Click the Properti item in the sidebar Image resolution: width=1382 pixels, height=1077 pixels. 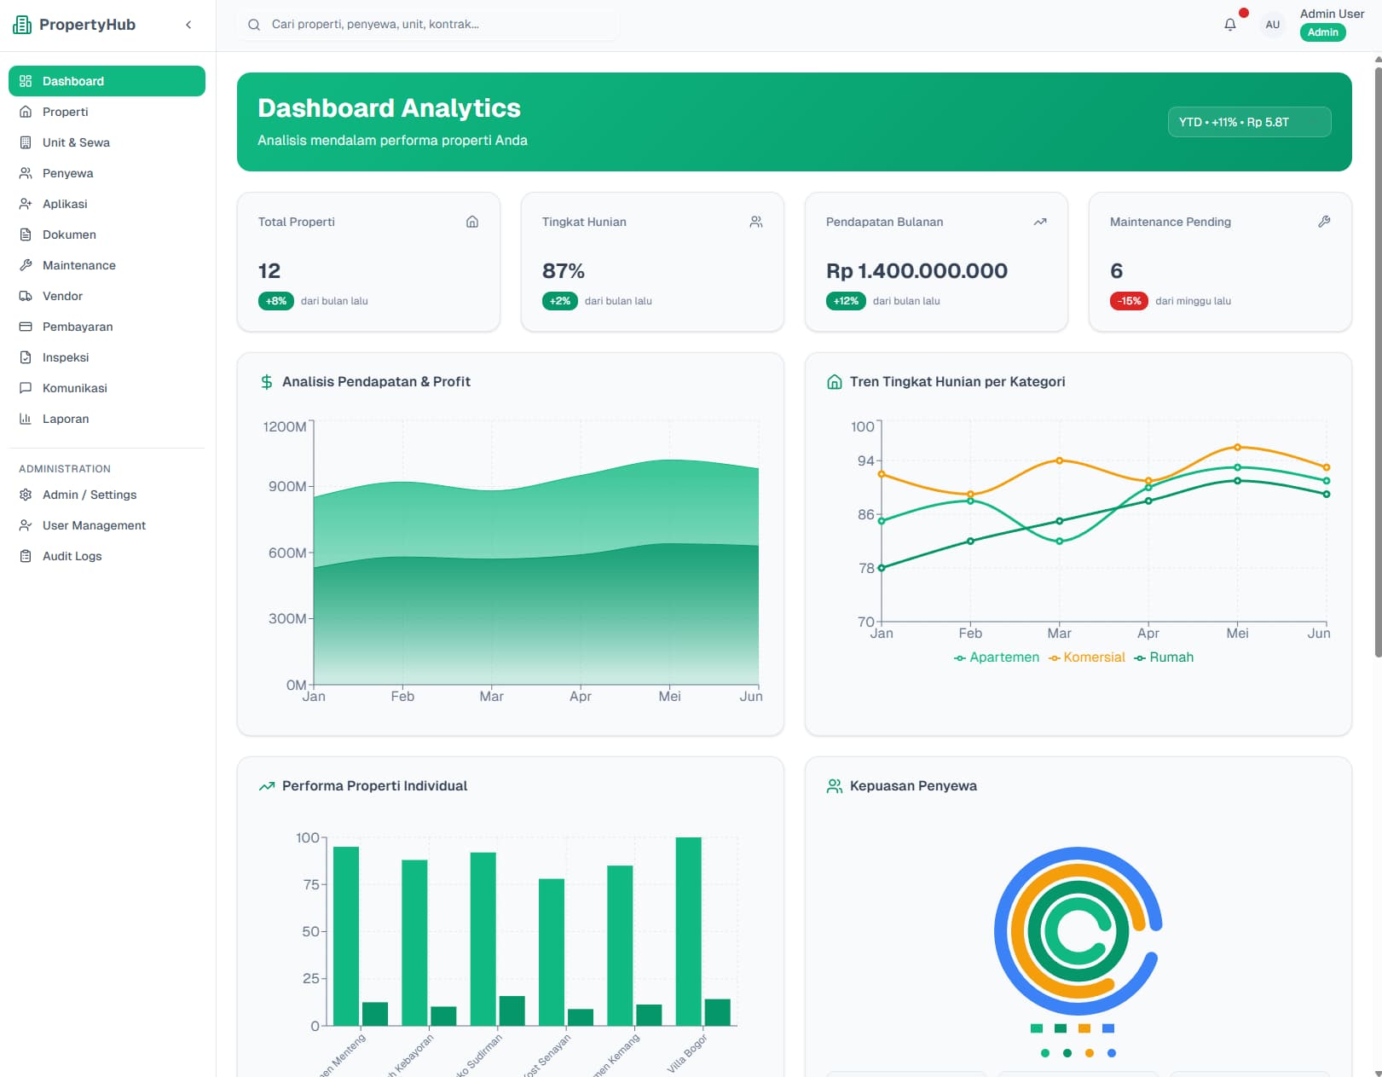(65, 112)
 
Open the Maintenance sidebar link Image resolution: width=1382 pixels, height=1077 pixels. (78, 265)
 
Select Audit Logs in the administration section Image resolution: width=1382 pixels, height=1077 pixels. (72, 556)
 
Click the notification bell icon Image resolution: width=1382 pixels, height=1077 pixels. (1229, 25)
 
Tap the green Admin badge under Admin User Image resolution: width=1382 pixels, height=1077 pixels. (1322, 32)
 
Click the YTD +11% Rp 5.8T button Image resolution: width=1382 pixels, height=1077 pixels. (1248, 122)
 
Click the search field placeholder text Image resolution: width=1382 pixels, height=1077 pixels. (375, 24)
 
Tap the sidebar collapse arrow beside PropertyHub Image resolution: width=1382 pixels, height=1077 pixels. (188, 25)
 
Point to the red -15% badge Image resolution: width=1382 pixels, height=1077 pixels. (1129, 301)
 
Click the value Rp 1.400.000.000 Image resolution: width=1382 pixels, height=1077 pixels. (917, 271)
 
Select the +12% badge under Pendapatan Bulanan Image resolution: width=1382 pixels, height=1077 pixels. (846, 301)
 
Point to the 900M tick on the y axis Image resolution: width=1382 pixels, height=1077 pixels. (287, 486)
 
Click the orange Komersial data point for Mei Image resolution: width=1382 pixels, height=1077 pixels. (1237, 447)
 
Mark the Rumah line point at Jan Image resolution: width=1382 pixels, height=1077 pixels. (882, 568)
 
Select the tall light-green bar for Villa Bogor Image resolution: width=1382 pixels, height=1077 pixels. (688, 931)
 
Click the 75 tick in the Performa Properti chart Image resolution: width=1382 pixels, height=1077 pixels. (310, 884)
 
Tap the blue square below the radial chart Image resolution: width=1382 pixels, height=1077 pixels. (1108, 1028)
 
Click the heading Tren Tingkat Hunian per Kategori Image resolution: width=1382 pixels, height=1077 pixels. (957, 382)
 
